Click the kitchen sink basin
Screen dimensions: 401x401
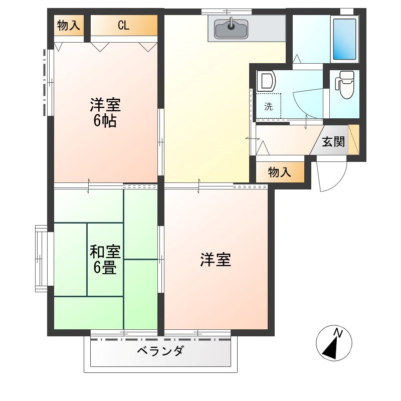(x=231, y=29)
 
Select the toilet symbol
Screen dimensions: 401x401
(x=345, y=85)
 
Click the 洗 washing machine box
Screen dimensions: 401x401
(x=269, y=106)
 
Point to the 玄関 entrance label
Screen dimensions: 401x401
(x=333, y=141)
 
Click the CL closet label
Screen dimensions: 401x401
(x=123, y=26)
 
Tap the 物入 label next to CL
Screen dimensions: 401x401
(x=69, y=26)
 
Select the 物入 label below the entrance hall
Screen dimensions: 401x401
(x=280, y=172)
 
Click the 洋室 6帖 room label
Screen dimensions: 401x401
(x=105, y=113)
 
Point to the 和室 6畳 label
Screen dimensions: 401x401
(x=105, y=259)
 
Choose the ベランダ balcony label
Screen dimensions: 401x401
(x=160, y=350)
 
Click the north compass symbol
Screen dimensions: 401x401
(x=334, y=344)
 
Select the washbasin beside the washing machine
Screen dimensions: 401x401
(x=266, y=82)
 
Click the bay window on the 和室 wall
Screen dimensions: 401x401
(x=41, y=259)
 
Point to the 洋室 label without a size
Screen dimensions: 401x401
(x=216, y=260)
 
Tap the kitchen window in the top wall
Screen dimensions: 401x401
(x=226, y=11)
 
